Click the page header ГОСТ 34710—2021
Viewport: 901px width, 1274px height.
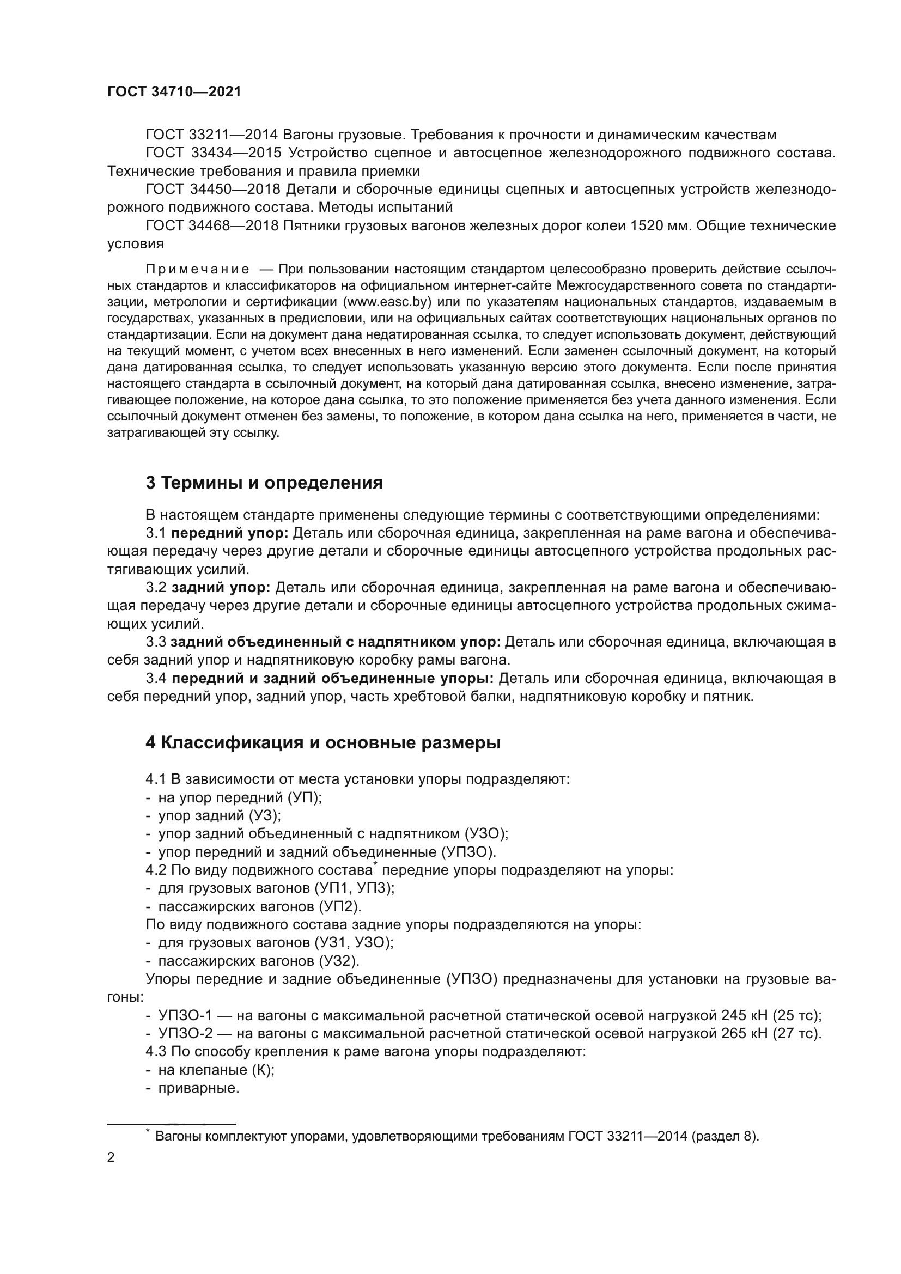tap(174, 92)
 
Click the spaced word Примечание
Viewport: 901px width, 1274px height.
tap(198, 270)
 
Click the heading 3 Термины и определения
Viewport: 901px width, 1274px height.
tap(264, 483)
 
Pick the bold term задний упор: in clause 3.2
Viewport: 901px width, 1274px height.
tap(221, 588)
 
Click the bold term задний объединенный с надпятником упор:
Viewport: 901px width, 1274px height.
tap(335, 642)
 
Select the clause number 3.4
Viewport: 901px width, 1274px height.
tap(156, 679)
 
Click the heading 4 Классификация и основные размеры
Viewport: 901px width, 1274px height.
tap(323, 743)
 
